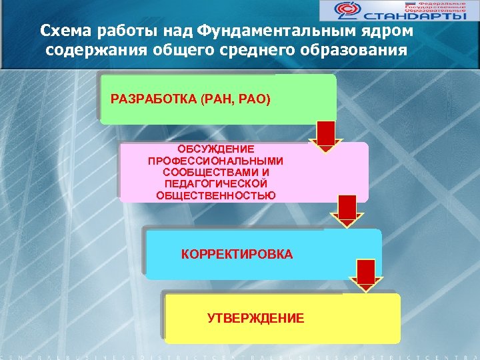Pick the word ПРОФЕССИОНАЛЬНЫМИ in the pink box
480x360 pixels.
215,161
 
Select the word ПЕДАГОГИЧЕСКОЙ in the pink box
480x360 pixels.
215,183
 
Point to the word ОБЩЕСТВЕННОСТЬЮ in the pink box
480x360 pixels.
215,195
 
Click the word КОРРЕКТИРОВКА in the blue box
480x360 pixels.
237,255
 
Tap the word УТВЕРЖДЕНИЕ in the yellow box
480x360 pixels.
255,318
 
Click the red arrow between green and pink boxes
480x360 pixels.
325,136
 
